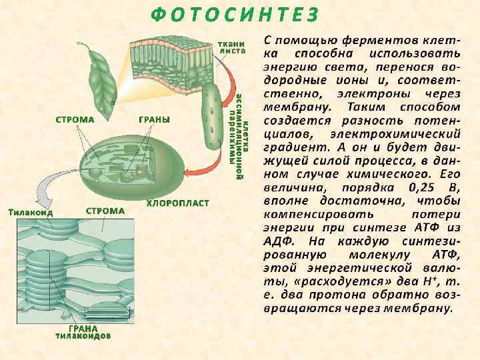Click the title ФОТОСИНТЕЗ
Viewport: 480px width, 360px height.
[x=234, y=14]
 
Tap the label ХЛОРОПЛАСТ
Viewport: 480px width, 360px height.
[x=178, y=202]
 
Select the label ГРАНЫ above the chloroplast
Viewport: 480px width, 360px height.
[x=154, y=119]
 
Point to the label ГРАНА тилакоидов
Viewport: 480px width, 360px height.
[x=83, y=332]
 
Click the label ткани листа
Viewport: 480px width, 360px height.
[x=233, y=47]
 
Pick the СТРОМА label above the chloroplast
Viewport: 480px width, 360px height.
[x=73, y=120]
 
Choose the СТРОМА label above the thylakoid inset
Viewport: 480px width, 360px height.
[x=105, y=211]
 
